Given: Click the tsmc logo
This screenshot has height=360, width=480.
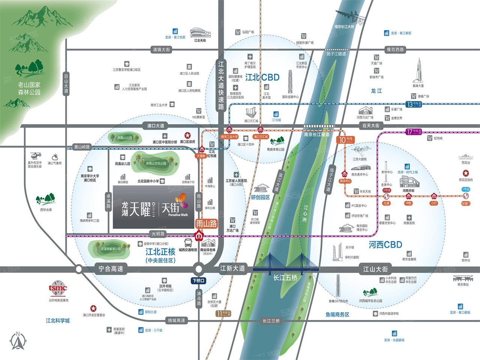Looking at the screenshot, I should point(58,288).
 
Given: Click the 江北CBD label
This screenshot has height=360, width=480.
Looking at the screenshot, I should point(262,77).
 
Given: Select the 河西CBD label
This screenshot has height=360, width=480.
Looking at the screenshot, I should point(385,245).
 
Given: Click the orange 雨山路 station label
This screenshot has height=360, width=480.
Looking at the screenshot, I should point(207,224).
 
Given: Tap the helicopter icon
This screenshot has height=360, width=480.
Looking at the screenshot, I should point(36,155).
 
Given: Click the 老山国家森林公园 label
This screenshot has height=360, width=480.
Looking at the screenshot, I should point(29,88).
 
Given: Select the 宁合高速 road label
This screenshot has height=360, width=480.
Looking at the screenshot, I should point(111,269).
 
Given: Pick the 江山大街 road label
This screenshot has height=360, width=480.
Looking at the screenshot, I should point(375,269).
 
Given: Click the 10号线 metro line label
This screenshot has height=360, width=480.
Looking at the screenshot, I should point(345,140).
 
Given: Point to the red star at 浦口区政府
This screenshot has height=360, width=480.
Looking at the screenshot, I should point(187,135).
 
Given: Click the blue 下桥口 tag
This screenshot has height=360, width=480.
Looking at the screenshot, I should point(198,280).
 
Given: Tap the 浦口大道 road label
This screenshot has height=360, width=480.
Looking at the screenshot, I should point(156,126).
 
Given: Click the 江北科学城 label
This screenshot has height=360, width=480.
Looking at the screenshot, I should point(58,321).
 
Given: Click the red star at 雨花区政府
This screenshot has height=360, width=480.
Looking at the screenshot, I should point(465,173).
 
